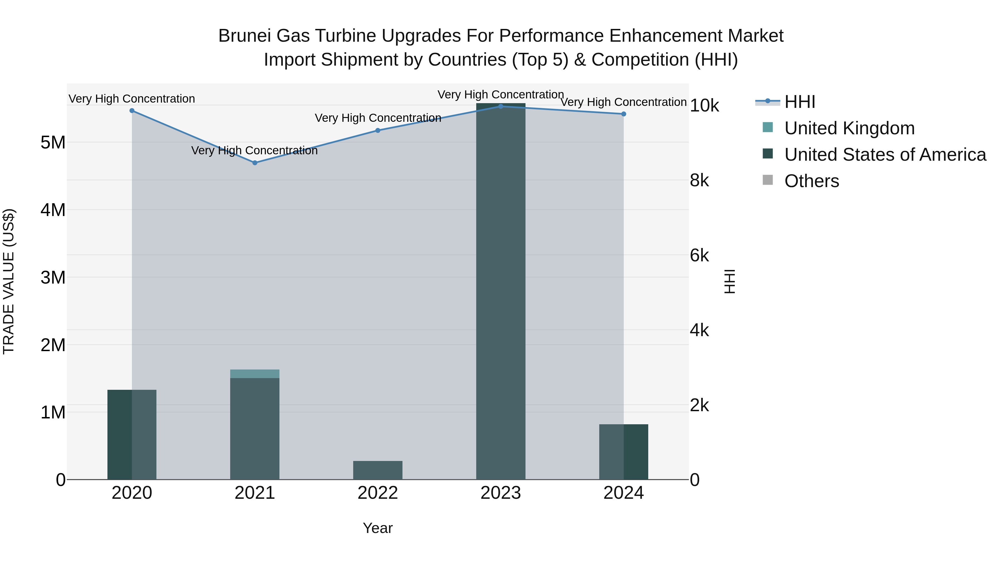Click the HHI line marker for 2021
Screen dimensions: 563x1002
pyautogui.click(x=255, y=163)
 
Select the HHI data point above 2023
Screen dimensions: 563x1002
pyautogui.click(x=501, y=106)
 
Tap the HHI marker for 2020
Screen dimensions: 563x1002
pyautogui.click(x=132, y=111)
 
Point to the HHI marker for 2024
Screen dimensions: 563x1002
pyautogui.click(x=623, y=114)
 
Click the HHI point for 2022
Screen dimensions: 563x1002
pyautogui.click(x=378, y=131)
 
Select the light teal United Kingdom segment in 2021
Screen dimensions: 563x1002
pyautogui.click(x=255, y=374)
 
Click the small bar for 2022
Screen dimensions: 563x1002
pyautogui.click(x=378, y=470)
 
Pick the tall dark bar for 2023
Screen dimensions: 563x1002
pyautogui.click(x=501, y=291)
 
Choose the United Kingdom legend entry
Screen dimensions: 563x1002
pyautogui.click(x=849, y=128)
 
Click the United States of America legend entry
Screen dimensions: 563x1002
pyautogui.click(x=885, y=155)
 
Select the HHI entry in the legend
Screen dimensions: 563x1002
pyautogui.click(x=799, y=102)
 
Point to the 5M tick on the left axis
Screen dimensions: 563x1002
pyautogui.click(x=53, y=143)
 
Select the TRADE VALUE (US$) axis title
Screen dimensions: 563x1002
pyautogui.click(x=9, y=281)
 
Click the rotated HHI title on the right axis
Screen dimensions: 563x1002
pyautogui.click(x=730, y=281)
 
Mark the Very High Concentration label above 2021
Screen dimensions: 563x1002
pyautogui.click(x=254, y=150)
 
